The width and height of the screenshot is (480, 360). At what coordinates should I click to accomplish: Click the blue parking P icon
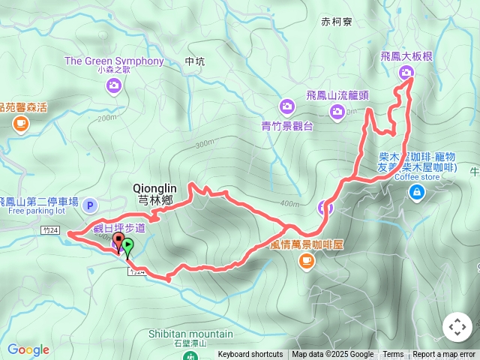point(90,205)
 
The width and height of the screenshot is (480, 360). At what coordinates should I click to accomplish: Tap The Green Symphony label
point(114,61)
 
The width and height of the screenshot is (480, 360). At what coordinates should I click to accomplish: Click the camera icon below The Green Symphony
point(114,86)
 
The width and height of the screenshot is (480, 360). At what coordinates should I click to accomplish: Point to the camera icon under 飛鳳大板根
point(406,72)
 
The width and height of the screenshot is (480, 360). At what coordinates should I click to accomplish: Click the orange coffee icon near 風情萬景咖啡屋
point(306,260)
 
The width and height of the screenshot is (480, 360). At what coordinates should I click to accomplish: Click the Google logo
point(28,349)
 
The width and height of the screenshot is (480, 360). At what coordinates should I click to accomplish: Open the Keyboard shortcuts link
point(250,355)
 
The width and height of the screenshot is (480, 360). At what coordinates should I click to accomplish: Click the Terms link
point(393,355)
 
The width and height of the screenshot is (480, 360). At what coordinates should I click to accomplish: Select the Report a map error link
point(444,355)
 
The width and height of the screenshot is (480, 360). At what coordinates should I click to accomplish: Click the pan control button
point(457,327)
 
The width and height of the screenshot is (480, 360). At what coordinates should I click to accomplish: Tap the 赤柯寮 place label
point(335,22)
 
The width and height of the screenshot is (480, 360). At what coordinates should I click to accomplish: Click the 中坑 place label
point(193,62)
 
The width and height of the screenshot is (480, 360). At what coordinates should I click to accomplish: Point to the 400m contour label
point(289,203)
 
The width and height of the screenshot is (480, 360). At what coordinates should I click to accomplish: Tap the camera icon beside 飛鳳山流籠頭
point(337,112)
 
